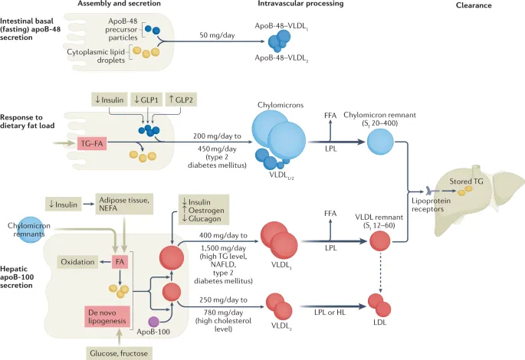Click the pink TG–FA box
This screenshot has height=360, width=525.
[94, 143]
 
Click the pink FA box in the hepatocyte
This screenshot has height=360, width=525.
[120, 262]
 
